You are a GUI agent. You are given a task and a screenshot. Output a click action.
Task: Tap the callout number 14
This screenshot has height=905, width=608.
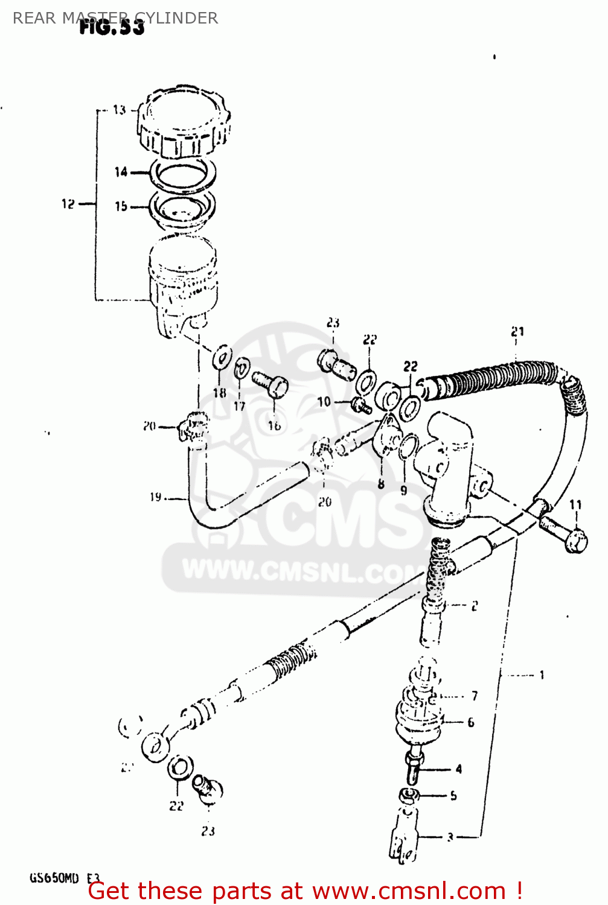(x=121, y=172)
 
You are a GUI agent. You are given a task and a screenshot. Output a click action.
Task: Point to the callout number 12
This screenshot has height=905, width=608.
(x=68, y=204)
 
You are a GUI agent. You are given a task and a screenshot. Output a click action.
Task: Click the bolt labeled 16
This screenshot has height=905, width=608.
(x=270, y=384)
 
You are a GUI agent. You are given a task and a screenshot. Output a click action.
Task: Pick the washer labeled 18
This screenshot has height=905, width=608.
(x=222, y=357)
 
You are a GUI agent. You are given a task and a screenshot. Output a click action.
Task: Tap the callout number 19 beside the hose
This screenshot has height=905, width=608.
(x=156, y=497)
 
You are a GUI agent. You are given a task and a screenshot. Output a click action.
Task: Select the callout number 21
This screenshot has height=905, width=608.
(x=517, y=331)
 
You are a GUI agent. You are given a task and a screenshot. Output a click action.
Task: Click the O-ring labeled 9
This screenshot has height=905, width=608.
(x=408, y=446)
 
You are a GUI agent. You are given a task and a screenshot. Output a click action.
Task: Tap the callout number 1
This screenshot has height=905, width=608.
(x=542, y=675)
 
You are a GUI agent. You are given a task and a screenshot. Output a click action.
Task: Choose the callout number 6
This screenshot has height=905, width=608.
(x=471, y=722)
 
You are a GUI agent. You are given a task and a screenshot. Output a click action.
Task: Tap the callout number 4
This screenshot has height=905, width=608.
(x=459, y=769)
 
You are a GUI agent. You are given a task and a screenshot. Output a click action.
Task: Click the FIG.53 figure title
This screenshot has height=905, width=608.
(x=112, y=27)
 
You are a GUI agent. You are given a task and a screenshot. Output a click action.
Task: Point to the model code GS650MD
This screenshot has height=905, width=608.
(x=54, y=878)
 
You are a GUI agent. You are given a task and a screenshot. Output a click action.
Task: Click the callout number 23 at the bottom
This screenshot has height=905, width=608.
(x=208, y=831)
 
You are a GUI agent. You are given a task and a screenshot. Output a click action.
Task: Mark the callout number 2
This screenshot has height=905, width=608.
(x=475, y=606)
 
